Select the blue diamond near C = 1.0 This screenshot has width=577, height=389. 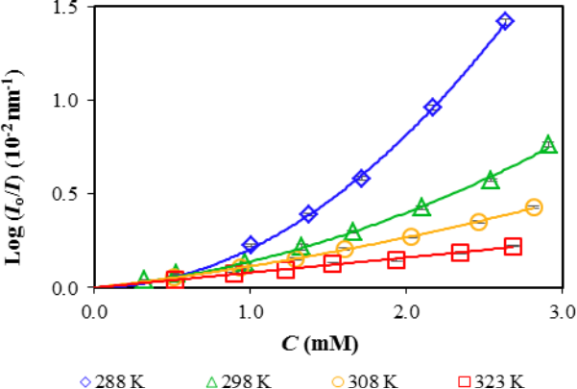pyautogui.click(x=251, y=246)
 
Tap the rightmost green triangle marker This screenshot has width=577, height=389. pyautogui.click(x=548, y=144)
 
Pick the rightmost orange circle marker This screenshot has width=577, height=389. pyautogui.click(x=534, y=207)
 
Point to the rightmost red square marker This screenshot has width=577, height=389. pyautogui.click(x=513, y=247)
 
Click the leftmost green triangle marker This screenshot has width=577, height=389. pyautogui.click(x=144, y=280)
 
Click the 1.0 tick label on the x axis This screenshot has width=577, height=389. pyautogui.click(x=251, y=310)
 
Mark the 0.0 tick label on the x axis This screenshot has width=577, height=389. pyautogui.click(x=95, y=310)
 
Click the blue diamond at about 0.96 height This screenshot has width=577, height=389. pyautogui.click(x=433, y=108)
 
